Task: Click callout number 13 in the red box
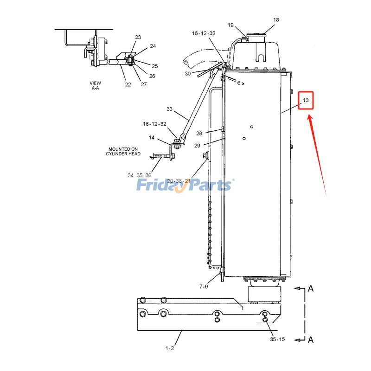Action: pos(306,100)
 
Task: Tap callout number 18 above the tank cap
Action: pos(276,20)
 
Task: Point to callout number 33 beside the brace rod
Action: pos(169,109)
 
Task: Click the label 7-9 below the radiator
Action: pos(204,287)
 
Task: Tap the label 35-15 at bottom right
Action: pos(277,339)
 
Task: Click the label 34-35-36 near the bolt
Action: pos(139,175)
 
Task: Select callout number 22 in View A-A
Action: pos(128,84)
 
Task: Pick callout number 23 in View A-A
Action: pos(138,37)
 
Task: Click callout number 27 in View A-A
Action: pos(144,84)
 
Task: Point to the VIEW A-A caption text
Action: pos(95,85)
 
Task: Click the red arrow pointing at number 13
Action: pos(318,153)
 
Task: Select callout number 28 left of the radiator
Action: pos(198,134)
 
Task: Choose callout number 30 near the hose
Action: pos(187,74)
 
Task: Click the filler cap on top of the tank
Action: pos(256,36)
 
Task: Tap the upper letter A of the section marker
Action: pos(311,289)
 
